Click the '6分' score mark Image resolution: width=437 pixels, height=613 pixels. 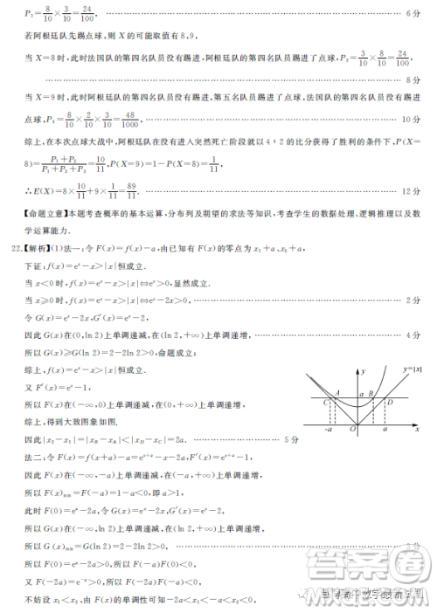click(x=414, y=15)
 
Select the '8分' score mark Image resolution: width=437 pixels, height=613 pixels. click(x=414, y=79)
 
